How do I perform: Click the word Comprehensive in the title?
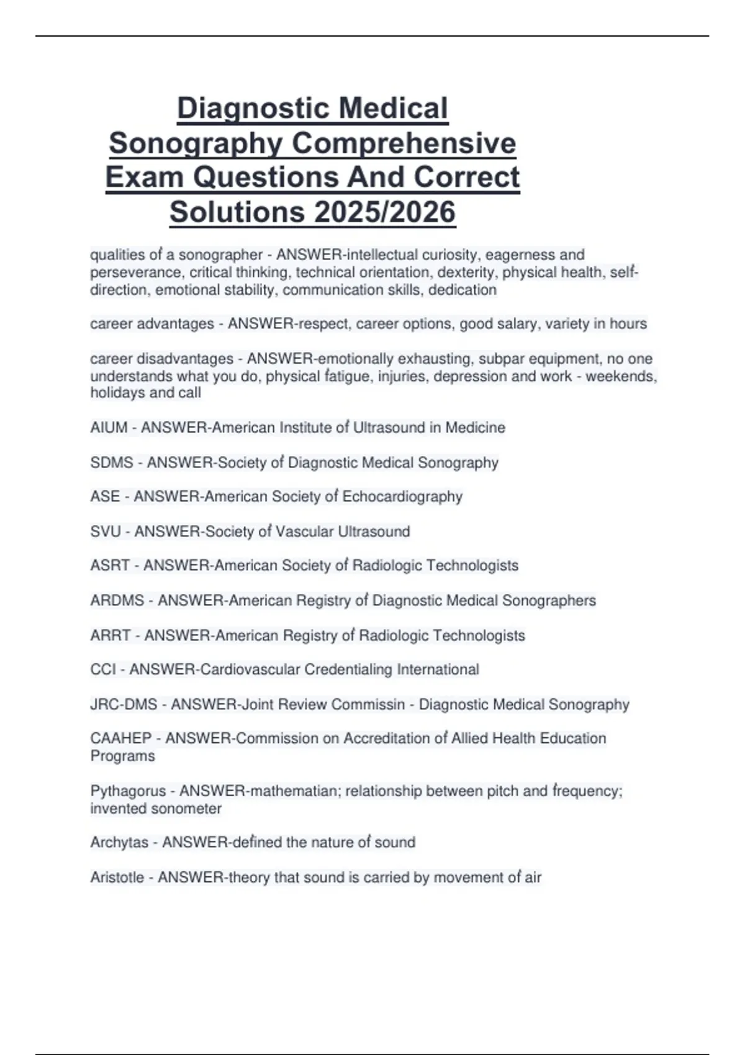pos(404,143)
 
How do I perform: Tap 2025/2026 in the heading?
pos(384,212)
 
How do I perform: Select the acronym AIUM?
pos(109,428)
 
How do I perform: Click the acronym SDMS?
pos(112,463)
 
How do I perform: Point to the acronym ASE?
pos(105,497)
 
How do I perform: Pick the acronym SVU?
pos(106,532)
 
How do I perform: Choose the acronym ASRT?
pos(110,566)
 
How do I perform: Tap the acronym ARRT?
pos(111,635)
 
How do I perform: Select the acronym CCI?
pos(102,670)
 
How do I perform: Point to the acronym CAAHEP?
pos(121,738)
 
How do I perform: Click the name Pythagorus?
pos(129,791)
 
